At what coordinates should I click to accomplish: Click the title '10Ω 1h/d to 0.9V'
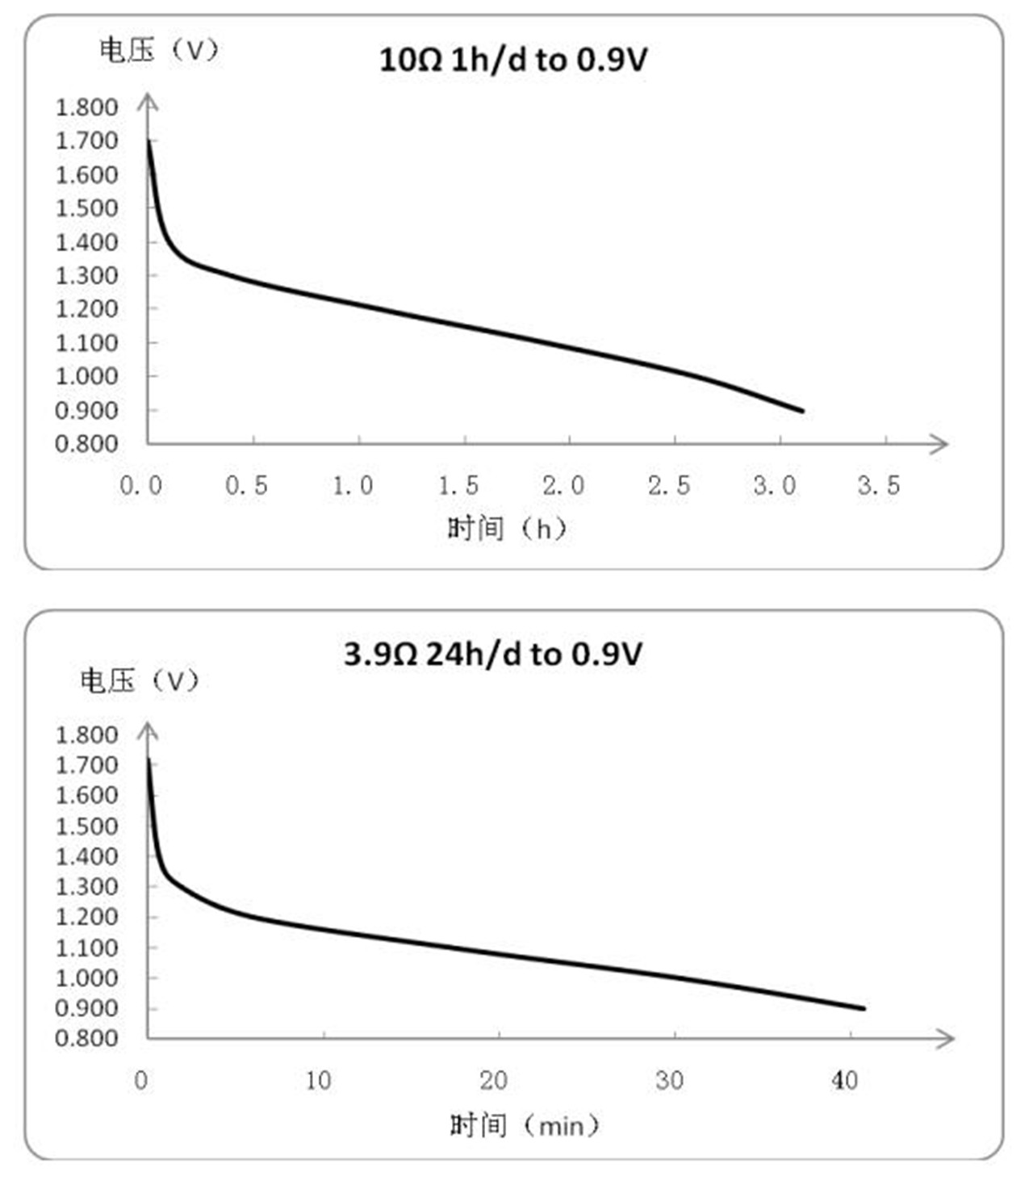coord(513,60)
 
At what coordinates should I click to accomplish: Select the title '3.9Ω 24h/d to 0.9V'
coord(493,654)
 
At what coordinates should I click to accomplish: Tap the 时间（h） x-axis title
coord(508,529)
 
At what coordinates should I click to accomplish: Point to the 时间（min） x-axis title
coord(525,1124)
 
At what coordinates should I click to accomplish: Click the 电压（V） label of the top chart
coord(159,50)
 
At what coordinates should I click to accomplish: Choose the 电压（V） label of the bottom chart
coord(139,680)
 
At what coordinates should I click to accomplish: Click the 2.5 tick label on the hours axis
coord(669,485)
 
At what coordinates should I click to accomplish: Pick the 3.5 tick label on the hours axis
coord(879,485)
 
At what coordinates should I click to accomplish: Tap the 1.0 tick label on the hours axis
coord(353,485)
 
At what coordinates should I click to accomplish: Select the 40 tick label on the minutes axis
coord(844,1080)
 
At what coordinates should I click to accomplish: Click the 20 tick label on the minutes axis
coord(493,1080)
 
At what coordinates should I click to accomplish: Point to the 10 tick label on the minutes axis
coord(318,1080)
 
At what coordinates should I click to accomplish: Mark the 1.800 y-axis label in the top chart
coord(86,107)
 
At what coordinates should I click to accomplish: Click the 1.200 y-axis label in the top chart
coord(86,308)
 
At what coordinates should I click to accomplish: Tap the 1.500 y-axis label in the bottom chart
coord(86,826)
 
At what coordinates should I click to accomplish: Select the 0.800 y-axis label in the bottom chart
coord(86,1037)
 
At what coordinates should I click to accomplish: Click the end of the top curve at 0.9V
coord(802,411)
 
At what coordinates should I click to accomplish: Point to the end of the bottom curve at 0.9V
coord(864,1008)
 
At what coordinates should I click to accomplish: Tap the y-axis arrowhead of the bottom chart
coord(148,730)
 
